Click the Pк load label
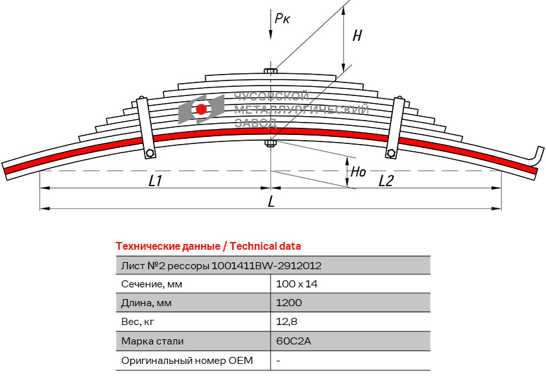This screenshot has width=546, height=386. [282, 19]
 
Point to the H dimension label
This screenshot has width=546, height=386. [357, 36]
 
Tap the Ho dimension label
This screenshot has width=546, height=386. [357, 173]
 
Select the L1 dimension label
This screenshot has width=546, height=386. [154, 181]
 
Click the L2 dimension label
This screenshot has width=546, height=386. [385, 181]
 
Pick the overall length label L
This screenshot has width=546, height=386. [271, 202]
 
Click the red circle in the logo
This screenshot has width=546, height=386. [202, 109]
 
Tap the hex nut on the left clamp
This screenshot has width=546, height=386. [150, 153]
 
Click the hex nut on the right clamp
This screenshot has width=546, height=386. [390, 153]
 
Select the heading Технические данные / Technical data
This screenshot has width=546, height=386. [208, 246]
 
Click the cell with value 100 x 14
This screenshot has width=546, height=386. [296, 284]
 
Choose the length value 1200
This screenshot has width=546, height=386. [289, 303]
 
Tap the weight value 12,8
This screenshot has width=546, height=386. [287, 322]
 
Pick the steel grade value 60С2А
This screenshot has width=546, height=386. [291, 341]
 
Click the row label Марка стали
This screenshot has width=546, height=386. [152, 341]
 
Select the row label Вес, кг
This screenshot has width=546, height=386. [138, 322]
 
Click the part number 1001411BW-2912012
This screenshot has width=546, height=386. [267, 265]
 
